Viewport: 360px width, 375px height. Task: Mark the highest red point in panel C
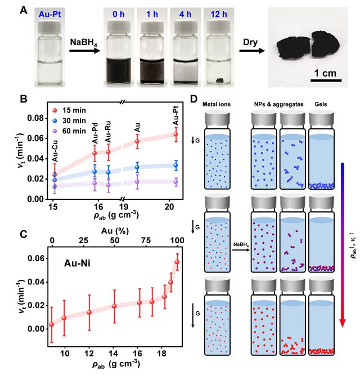click(x=177, y=262)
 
